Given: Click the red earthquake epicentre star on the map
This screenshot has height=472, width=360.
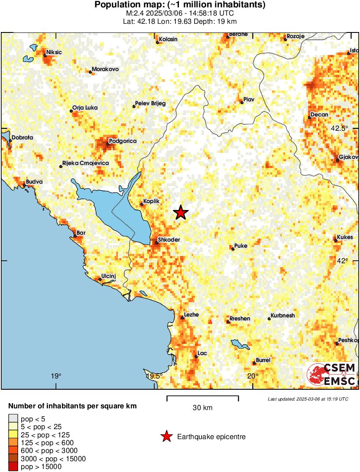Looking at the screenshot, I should [181, 213].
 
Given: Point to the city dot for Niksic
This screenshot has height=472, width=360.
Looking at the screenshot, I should [45, 55].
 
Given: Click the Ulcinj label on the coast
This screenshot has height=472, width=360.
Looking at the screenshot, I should [109, 276].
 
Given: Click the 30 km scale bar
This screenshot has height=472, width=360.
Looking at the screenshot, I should [202, 398].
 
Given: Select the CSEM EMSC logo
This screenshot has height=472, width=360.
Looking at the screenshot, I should [332, 375].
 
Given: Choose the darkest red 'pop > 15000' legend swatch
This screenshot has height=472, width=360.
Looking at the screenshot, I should [13, 466].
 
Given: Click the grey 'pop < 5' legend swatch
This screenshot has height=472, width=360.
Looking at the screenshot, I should [13, 419].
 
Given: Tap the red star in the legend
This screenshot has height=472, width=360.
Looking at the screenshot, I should [166, 437].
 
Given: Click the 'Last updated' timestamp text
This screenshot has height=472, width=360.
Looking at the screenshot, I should [308, 399].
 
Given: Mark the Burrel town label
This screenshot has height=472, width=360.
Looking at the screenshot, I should [263, 360].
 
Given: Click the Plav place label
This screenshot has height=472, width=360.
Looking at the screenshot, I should [249, 100].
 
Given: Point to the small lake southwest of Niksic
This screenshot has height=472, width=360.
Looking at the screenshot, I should [29, 58].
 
